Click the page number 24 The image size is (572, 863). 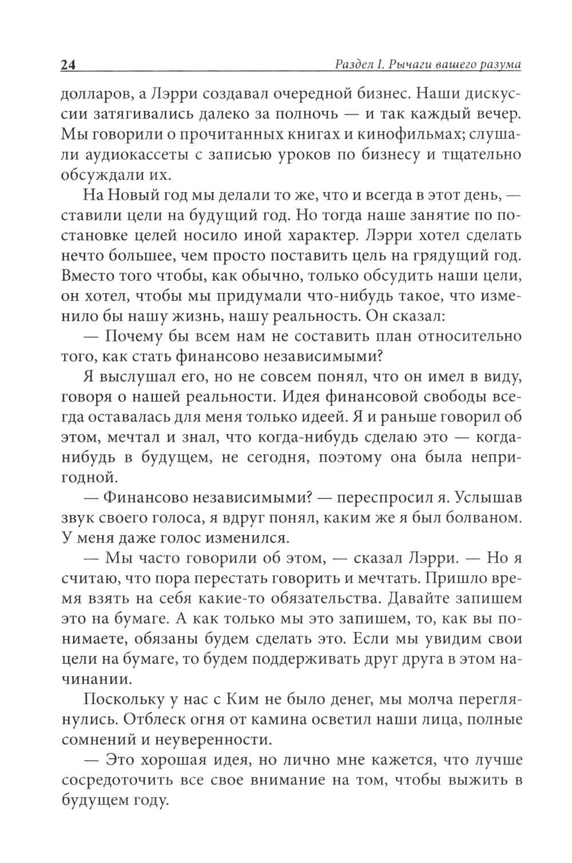pyautogui.click(x=67, y=65)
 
